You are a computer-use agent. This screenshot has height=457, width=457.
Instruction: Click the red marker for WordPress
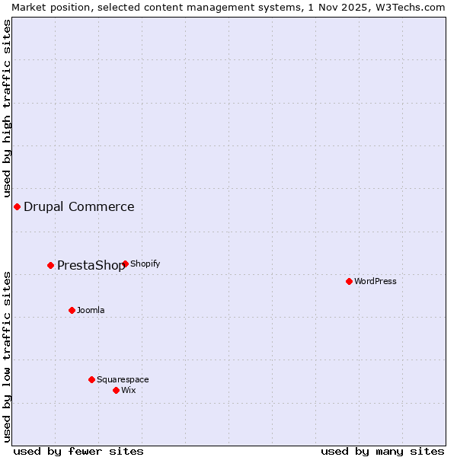pos(349,281)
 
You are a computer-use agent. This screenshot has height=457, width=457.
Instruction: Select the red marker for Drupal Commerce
pos(17,206)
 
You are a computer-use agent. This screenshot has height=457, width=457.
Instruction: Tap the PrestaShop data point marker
pos(50,265)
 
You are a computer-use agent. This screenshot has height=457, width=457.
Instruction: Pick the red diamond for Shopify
pos(125,264)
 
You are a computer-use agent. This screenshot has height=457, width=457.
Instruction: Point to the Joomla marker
pos(72,310)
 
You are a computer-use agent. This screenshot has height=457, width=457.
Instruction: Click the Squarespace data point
pos(91,379)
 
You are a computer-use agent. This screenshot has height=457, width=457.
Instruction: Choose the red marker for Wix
pos(116,390)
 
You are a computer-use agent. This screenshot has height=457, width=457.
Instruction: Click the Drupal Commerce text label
pos(79,206)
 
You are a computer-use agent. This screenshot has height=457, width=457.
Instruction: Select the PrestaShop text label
pos(90,266)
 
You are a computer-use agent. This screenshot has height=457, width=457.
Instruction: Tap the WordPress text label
pos(376,281)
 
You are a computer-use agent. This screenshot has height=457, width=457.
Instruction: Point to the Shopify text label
pos(145,264)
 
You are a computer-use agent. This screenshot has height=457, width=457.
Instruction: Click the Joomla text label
pos(91,310)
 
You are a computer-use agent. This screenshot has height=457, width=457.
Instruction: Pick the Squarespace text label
pos(123,379)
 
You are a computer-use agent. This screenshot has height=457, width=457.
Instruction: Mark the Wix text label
pos(129,390)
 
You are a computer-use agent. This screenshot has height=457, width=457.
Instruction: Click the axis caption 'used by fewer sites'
pos(78,451)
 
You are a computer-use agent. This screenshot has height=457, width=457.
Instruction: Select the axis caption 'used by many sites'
pos(382,451)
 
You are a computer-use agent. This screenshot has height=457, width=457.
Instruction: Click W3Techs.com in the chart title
pos(411,7)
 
